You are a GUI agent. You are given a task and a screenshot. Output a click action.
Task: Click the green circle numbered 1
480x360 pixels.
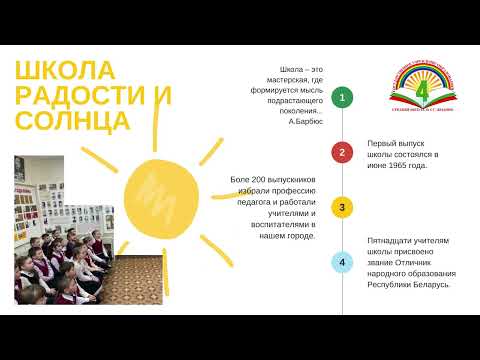(x=343, y=97)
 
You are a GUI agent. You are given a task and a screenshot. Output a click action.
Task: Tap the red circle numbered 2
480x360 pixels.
(x=343, y=152)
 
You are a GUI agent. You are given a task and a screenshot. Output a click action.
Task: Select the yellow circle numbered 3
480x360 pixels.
(x=343, y=207)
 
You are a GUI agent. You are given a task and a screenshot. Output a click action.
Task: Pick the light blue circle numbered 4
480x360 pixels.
(x=343, y=263)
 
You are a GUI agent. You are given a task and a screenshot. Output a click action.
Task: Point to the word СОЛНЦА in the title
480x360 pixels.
(x=72, y=120)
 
